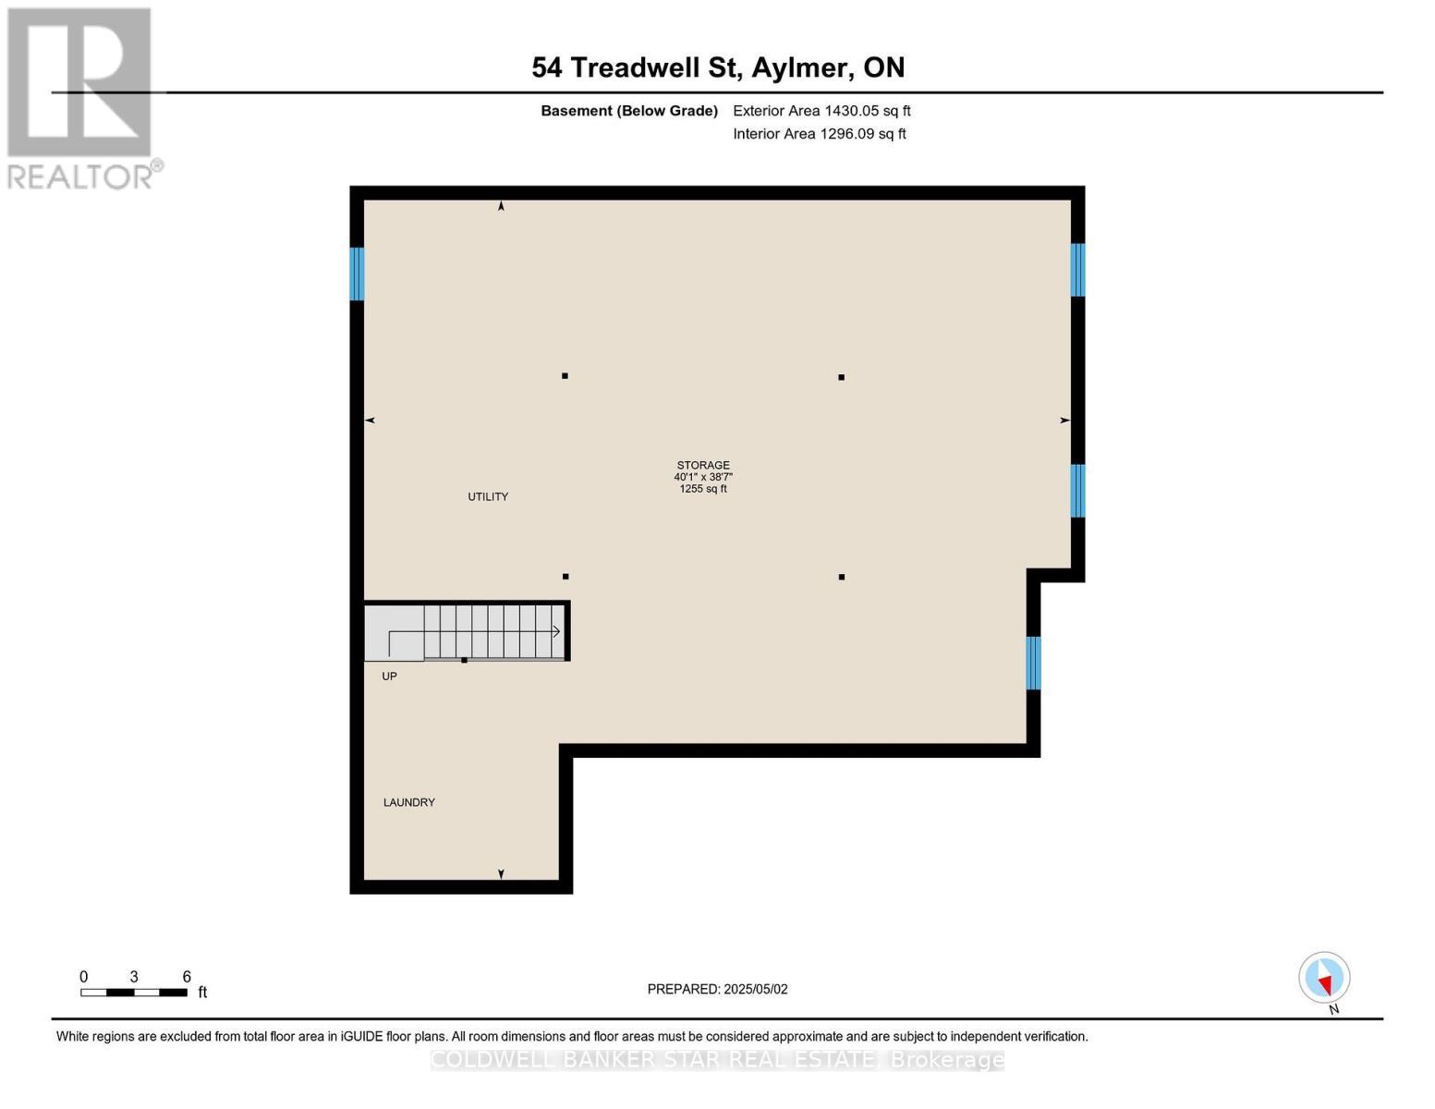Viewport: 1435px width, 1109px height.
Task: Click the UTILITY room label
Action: tap(488, 497)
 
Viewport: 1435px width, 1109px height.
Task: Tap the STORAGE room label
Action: tap(703, 466)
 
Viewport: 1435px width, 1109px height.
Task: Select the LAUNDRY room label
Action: tap(409, 802)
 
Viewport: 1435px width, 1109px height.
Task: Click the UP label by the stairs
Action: tap(390, 676)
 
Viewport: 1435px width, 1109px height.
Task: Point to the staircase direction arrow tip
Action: tap(558, 632)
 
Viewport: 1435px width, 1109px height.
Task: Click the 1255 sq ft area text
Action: tap(703, 489)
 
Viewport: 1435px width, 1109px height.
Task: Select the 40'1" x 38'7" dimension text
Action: tap(703, 478)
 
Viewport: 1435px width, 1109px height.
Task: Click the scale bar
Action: tap(134, 993)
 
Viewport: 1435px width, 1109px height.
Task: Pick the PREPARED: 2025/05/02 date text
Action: tap(717, 989)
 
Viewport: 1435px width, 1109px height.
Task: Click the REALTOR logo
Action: tap(81, 97)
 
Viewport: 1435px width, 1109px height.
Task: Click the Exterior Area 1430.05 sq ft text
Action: tap(821, 111)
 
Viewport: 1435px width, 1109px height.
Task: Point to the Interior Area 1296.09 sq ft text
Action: tap(820, 134)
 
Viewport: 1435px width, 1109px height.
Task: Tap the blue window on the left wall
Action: tap(357, 274)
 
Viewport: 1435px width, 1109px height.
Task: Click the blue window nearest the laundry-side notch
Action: tap(1034, 663)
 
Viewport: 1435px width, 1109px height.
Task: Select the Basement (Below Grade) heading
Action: tap(629, 111)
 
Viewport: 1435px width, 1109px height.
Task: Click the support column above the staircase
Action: tap(565, 577)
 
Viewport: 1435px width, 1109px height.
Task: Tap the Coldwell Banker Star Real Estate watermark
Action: tap(717, 1060)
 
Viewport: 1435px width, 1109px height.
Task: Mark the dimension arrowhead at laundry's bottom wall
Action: tap(502, 873)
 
